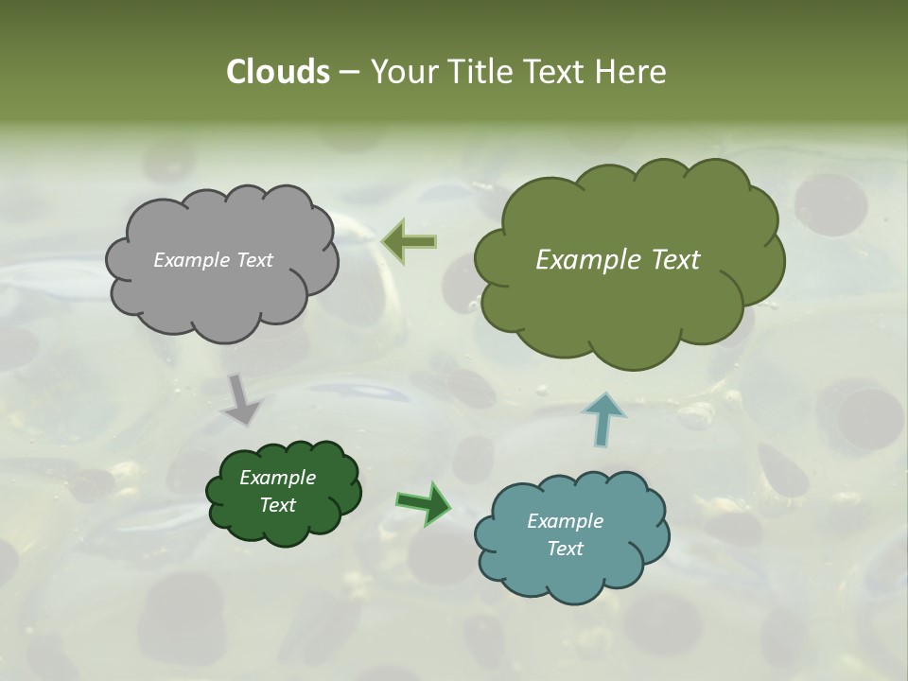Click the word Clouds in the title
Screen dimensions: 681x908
tap(278, 72)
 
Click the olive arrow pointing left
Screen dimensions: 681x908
tap(409, 242)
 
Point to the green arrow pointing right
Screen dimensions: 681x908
tap(424, 502)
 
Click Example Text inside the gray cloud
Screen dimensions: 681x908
tap(213, 260)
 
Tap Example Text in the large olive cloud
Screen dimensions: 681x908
tap(618, 260)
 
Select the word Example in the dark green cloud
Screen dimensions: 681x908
tap(277, 478)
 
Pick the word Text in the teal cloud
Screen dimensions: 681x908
tap(565, 549)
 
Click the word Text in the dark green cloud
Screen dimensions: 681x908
tap(277, 505)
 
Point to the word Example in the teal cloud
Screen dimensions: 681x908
tap(565, 521)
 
